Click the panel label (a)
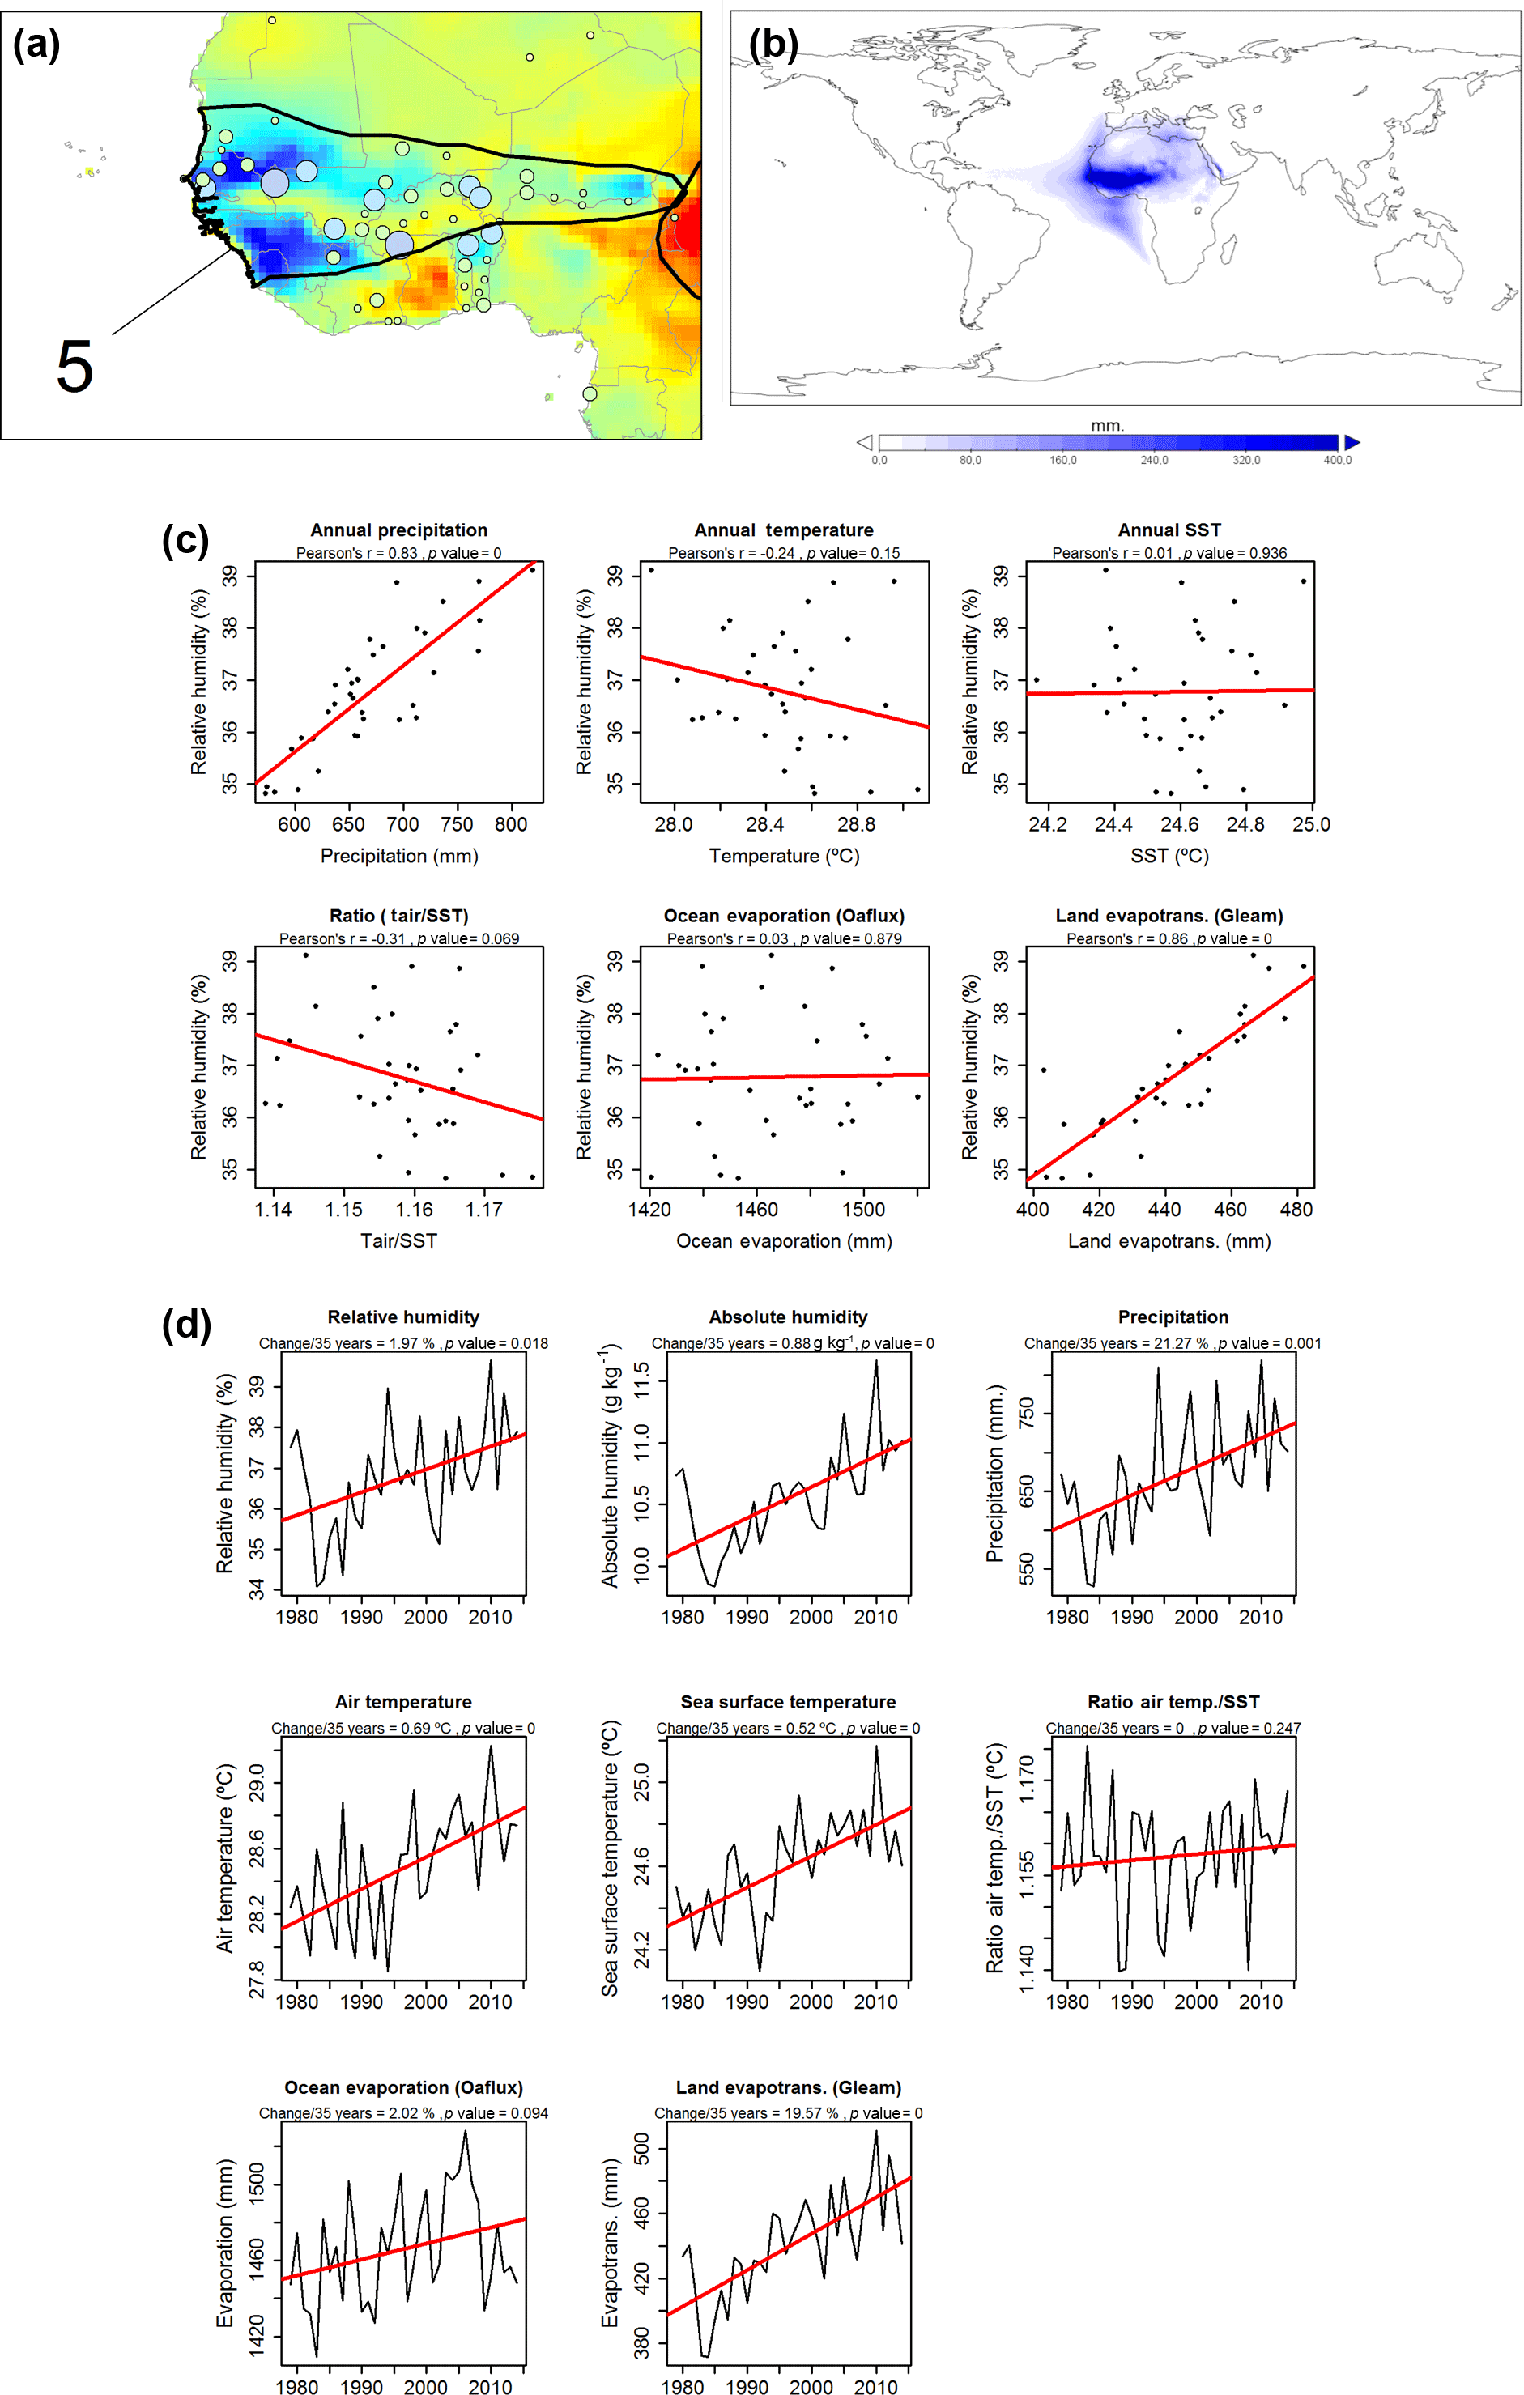pos(36,45)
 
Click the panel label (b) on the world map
pos(773,45)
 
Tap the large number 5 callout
pos(74,366)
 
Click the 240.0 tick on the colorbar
pos(1154,461)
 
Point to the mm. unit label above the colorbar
pos(1107,426)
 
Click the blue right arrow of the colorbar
pos(1351,443)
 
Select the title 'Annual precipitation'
pos(399,530)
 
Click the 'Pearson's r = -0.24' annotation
pos(731,553)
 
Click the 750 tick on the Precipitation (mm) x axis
pos(457,824)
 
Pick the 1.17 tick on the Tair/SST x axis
pos(484,1210)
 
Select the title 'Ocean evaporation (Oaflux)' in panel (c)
pos(784,916)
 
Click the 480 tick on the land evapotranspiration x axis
pos(1296,1210)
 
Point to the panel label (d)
pos(186,1325)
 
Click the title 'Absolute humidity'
pos(788,1317)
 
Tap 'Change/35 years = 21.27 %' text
pos(1116,1344)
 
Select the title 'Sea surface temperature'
pos(788,1702)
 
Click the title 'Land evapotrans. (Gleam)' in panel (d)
pos(788,2087)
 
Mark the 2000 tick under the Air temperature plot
pos(426,2002)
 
